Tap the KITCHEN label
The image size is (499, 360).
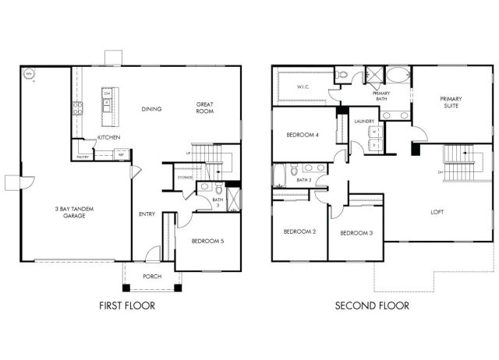[x=107, y=138]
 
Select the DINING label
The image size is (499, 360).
[x=151, y=108]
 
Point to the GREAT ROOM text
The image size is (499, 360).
[x=205, y=108]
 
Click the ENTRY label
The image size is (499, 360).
[x=147, y=214]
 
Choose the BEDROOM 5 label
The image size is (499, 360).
[x=207, y=242]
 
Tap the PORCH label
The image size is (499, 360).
[x=152, y=277]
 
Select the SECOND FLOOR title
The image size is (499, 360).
[x=372, y=305]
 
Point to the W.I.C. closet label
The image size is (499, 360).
[x=304, y=87]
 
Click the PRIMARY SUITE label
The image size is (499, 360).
[x=451, y=103]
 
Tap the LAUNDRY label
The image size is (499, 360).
[x=364, y=122]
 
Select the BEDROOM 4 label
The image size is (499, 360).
[x=303, y=135]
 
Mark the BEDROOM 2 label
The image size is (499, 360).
[x=299, y=231]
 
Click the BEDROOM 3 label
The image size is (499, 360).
[x=356, y=232]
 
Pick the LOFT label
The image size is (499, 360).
[x=438, y=212]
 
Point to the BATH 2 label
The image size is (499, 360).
[x=304, y=181]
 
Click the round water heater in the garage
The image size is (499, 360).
[x=30, y=75]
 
